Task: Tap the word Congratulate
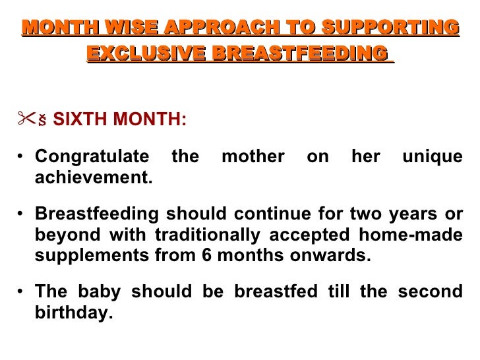click(x=92, y=158)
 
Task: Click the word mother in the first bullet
click(x=253, y=158)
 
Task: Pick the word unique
click(x=432, y=158)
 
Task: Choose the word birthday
click(x=73, y=313)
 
